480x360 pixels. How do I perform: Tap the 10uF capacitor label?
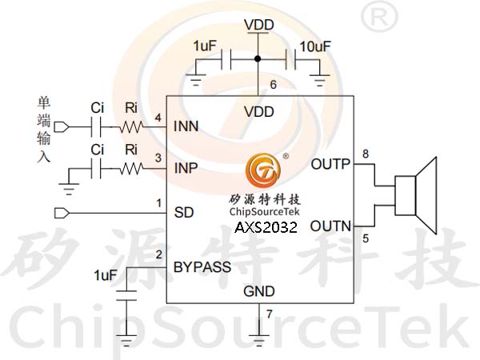coord(315,46)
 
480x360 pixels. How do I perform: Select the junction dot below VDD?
coord(258,58)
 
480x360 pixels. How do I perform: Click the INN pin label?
coord(186,126)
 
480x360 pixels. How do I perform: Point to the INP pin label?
coord(186,168)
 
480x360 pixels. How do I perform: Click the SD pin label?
coord(184,213)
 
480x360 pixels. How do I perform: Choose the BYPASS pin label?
coord(202,267)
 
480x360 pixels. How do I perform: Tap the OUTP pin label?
coord(330,164)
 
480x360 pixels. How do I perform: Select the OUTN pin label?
coord(330,226)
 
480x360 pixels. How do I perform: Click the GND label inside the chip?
coord(259,291)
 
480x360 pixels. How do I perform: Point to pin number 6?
coord(273,85)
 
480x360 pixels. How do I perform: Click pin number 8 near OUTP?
coord(366,154)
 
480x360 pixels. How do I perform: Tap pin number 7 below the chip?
coord(269,314)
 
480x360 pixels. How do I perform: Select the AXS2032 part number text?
coord(266,227)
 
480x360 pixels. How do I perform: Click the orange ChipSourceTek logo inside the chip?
coord(263,170)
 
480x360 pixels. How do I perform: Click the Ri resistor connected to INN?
coord(130,126)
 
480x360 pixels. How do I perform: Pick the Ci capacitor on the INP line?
coord(96,168)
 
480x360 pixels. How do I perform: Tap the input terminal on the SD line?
coord(62,213)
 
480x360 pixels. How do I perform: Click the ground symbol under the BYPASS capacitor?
coord(126,340)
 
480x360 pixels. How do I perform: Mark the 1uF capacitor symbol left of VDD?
coord(226,58)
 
